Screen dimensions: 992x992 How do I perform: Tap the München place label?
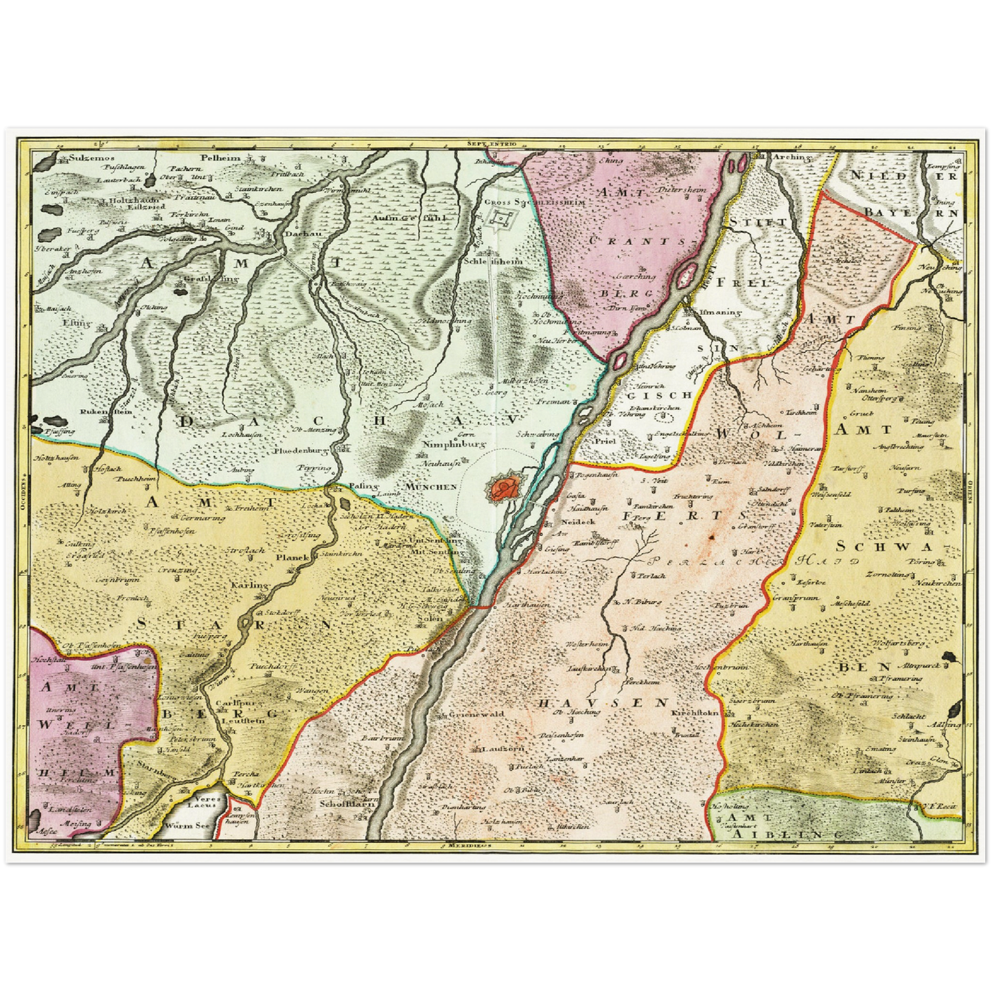[431, 486]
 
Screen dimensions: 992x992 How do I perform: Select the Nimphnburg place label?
[450, 444]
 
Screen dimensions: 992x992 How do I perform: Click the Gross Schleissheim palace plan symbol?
[500, 220]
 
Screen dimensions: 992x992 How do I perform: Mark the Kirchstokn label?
[695, 714]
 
